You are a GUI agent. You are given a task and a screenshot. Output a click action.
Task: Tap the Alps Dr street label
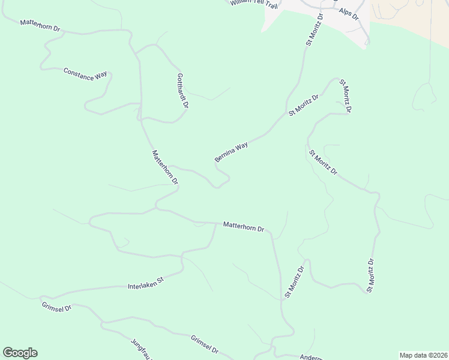(348, 14)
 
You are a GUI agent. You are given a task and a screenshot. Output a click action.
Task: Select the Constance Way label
(85, 74)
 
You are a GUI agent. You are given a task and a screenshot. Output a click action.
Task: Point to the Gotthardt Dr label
(182, 91)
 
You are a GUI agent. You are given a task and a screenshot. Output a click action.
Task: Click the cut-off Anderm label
(312, 356)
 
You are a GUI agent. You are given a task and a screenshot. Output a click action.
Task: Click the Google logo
(20, 353)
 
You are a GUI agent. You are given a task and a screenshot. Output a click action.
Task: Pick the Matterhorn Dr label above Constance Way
(41, 26)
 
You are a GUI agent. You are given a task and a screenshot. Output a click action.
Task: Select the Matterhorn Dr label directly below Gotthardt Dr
(165, 167)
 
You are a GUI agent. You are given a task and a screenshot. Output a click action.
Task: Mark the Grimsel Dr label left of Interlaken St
(58, 308)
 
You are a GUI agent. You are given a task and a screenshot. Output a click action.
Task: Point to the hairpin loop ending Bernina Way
(222, 180)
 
